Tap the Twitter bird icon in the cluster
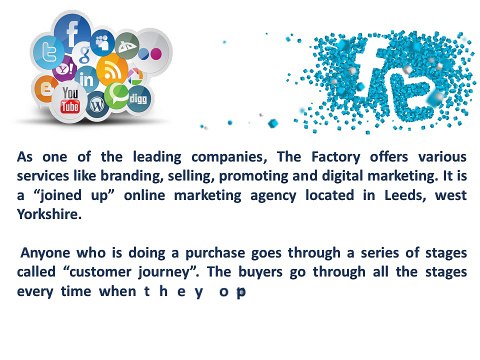(44, 52)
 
